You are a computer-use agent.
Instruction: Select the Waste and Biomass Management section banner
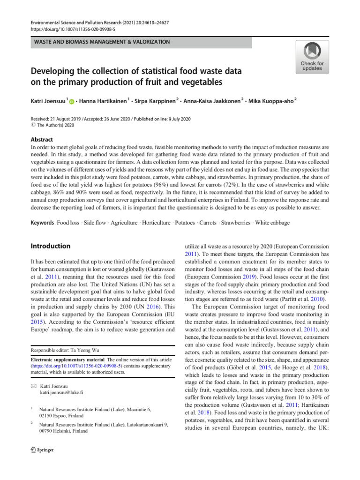click(x=100, y=42)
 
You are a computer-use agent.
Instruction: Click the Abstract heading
click(x=42, y=140)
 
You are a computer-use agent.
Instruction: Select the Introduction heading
click(x=51, y=246)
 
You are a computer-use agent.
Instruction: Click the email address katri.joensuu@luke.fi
click(x=62, y=392)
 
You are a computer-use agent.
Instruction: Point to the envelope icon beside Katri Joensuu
click(x=33, y=385)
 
